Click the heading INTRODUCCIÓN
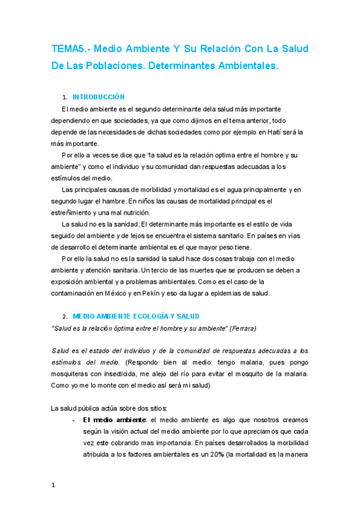pyautogui.click(x=98, y=96)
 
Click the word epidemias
pyautogui.click(x=237, y=293)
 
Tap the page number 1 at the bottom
pyautogui.click(x=54, y=492)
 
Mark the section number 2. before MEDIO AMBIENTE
pyautogui.click(x=64, y=316)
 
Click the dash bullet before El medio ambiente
pyautogui.click(x=73, y=420)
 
